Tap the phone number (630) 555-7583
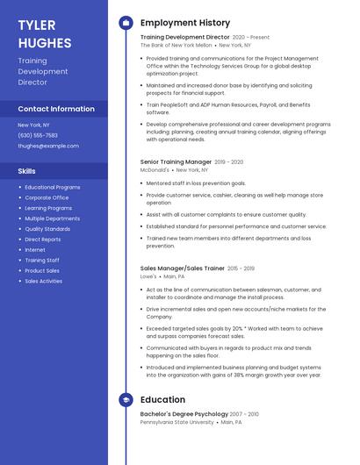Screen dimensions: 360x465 click(38, 135)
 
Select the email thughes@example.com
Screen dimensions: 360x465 click(48, 146)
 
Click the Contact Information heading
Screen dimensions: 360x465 click(56, 109)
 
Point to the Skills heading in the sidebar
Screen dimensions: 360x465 click(27, 171)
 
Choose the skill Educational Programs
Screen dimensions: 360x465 click(52, 187)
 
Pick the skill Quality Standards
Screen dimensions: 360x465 click(47, 229)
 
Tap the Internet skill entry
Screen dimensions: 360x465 click(35, 250)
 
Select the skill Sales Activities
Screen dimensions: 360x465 click(43, 282)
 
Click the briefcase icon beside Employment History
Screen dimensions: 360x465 click(126, 23)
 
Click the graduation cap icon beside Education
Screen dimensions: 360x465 click(126, 400)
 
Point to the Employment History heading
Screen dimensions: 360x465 click(185, 23)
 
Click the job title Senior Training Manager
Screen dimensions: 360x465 click(176, 162)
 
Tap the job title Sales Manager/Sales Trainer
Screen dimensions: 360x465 click(182, 268)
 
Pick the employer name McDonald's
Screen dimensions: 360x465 click(155, 170)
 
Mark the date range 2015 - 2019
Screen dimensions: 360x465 click(241, 268)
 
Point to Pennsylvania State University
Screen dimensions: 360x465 click(176, 422)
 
